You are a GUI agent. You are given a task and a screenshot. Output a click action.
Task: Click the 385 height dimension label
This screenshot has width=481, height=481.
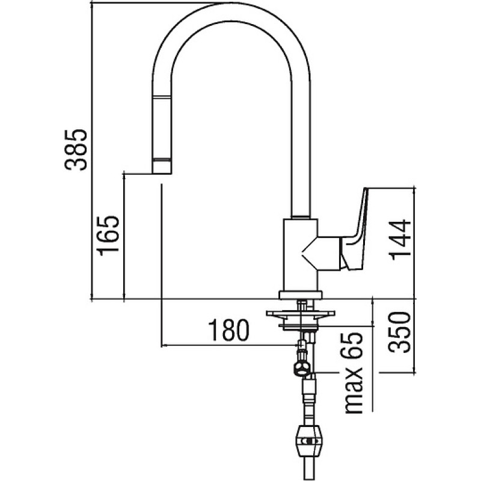coord(76,150)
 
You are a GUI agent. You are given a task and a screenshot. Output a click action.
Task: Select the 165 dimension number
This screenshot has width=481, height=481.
coord(108,236)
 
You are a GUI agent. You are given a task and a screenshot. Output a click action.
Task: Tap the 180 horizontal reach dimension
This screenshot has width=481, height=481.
coord(229,330)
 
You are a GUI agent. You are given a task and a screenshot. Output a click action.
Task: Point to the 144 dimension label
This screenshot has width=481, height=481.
coord(399,239)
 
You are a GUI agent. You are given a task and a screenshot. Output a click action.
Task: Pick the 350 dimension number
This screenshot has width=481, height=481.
coord(399,332)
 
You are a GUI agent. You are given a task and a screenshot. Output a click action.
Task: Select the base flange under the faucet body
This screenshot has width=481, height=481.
coord(300,295)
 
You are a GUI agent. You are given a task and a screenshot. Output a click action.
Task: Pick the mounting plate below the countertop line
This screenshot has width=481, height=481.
coord(300,314)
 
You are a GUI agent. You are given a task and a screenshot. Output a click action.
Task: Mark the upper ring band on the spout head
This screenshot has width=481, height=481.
coord(162,97)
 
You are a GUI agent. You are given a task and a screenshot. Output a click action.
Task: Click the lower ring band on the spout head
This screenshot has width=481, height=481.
coord(162,160)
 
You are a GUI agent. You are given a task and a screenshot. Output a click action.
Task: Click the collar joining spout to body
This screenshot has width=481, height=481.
coord(300,216)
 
